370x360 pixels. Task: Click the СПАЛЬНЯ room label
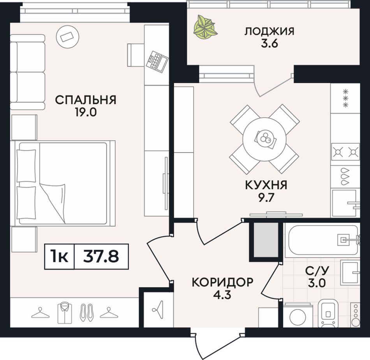(x=86, y=100)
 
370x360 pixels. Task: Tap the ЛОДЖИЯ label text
(x=269, y=32)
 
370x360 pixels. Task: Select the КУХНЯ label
(x=266, y=185)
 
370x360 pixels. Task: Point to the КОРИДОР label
(x=222, y=282)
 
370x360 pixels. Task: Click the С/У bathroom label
(x=317, y=271)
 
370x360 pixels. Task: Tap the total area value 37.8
(x=101, y=256)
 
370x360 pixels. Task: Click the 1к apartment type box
(x=60, y=256)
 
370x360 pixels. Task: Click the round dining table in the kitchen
(x=264, y=139)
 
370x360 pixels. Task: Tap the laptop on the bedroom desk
(x=157, y=61)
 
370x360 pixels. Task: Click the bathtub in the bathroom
(x=322, y=240)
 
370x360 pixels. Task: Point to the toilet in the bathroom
(x=328, y=313)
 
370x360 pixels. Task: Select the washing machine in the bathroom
(x=298, y=316)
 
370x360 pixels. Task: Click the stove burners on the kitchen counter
(x=345, y=152)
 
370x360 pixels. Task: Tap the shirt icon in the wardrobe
(x=65, y=313)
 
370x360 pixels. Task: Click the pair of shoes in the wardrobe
(x=86, y=313)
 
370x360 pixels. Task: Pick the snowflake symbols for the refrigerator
(x=346, y=98)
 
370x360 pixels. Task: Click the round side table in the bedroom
(x=67, y=37)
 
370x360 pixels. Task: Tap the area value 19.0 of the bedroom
(x=86, y=112)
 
